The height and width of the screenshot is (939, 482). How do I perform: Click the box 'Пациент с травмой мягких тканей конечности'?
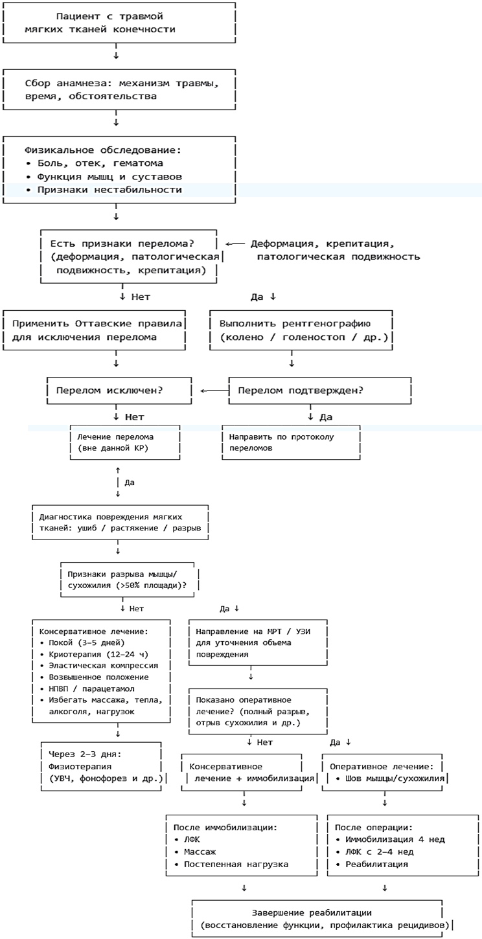click(x=117, y=22)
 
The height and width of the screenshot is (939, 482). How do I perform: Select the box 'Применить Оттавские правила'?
click(x=96, y=330)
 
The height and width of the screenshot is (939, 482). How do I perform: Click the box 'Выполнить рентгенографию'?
click(x=301, y=330)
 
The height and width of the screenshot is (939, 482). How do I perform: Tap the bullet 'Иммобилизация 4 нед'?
click(x=389, y=840)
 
